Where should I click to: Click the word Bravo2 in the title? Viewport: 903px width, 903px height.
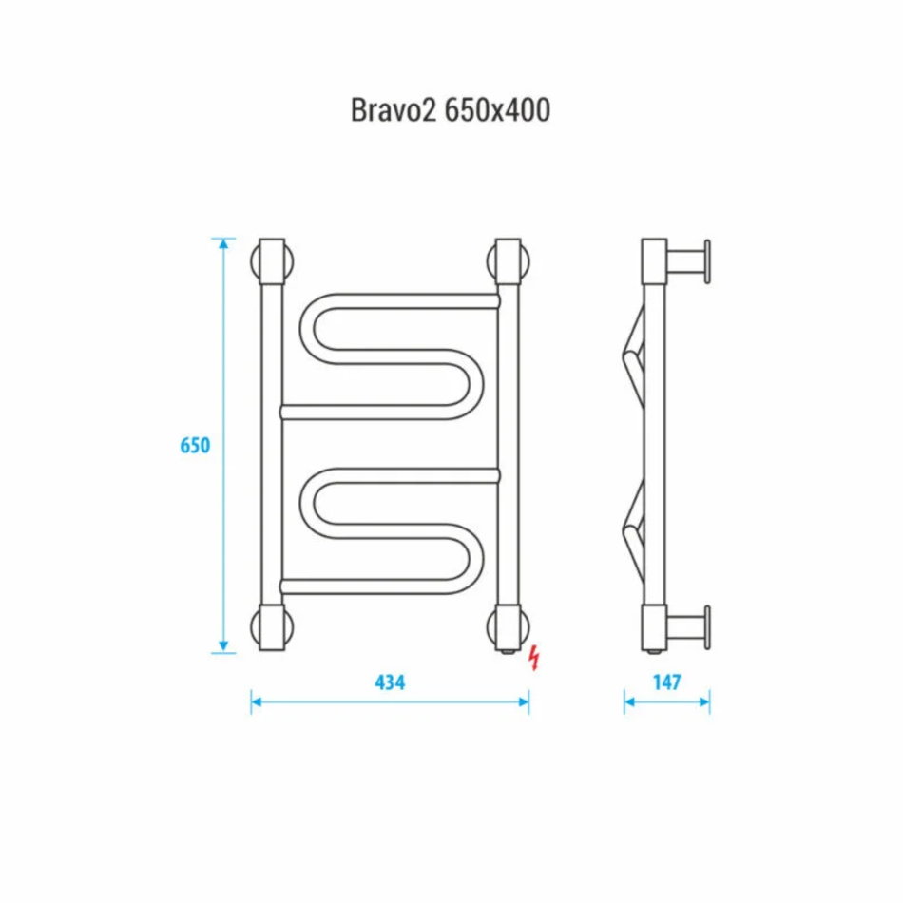pos(394,109)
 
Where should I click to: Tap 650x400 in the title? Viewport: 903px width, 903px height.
pos(497,109)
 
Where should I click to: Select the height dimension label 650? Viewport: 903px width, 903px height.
pos(195,445)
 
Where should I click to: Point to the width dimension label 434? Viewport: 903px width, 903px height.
pos(390,682)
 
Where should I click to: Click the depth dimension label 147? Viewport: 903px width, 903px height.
pos(667,682)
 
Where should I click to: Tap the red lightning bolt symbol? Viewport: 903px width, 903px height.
pos(535,658)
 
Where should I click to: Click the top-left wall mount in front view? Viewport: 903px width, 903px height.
pos(273,261)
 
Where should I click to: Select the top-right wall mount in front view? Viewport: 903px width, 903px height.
pos(509,261)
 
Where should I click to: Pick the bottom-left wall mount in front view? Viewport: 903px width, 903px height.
pos(273,627)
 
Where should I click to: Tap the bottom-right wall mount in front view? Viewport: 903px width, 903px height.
pos(509,627)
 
